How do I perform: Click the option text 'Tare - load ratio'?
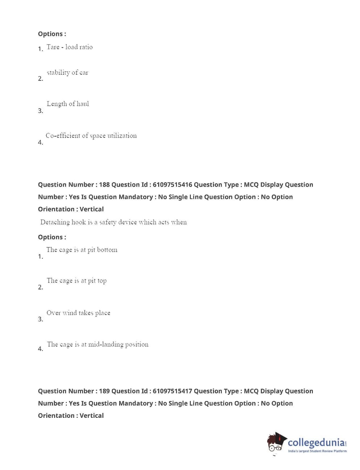tap(70, 47)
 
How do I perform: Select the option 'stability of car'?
tap(67, 73)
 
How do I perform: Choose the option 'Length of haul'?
tap(68, 104)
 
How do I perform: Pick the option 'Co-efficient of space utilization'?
tap(91, 136)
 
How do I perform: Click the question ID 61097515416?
tap(172, 185)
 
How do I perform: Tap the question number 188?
tap(104, 185)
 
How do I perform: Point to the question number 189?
tap(104, 391)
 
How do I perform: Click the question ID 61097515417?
tap(172, 391)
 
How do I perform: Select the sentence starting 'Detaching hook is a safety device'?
tap(113, 222)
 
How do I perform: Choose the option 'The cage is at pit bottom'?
tap(82, 250)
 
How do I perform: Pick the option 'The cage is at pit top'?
tap(76, 281)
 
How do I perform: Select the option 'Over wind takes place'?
tap(78, 313)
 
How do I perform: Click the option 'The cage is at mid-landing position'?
tap(98, 345)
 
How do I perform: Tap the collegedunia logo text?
tap(316, 443)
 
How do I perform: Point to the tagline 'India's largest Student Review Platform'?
tap(317, 451)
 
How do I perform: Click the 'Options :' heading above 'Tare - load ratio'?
tap(52, 34)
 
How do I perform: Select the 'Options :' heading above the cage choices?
tap(52, 237)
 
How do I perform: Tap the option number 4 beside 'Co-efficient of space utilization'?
tap(40, 143)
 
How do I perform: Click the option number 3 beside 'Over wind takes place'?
tap(40, 319)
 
